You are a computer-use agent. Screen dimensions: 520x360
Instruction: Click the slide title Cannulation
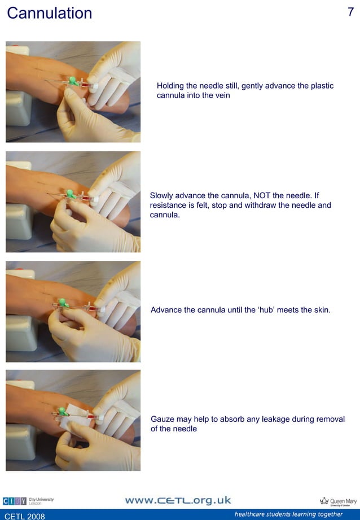pyautogui.click(x=49, y=13)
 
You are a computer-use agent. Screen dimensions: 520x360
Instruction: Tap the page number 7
pyautogui.click(x=350, y=12)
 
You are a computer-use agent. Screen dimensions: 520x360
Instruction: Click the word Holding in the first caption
pyautogui.click(x=171, y=86)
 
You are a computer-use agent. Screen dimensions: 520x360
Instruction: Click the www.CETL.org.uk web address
pyautogui.click(x=178, y=501)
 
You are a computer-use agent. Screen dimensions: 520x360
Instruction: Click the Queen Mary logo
pyautogui.click(x=338, y=501)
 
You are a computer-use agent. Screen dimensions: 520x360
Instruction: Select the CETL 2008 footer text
pyautogui.click(x=25, y=515)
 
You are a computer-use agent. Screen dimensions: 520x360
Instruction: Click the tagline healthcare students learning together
pyautogui.click(x=288, y=514)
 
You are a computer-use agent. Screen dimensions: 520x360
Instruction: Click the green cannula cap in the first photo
pyautogui.click(x=73, y=80)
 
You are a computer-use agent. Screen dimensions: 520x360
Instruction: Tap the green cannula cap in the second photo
pyautogui.click(x=71, y=194)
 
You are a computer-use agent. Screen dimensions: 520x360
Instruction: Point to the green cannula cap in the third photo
pyautogui.click(x=63, y=303)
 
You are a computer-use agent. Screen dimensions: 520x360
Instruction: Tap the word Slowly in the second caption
pyautogui.click(x=162, y=196)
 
